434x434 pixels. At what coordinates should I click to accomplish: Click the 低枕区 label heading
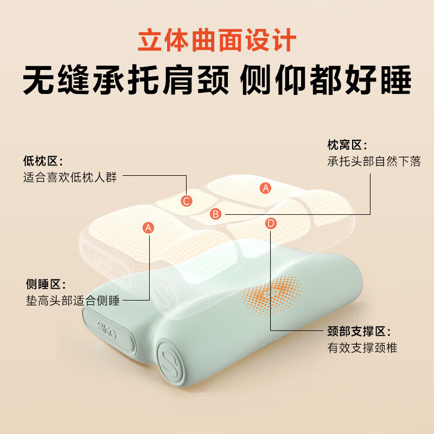tap(43, 161)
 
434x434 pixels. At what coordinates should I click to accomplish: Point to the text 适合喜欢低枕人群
tap(70, 177)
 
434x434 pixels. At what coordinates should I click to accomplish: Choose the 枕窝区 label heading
tap(347, 145)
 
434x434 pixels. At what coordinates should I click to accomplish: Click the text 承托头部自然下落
tap(374, 161)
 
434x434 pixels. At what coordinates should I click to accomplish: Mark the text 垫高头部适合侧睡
tap(73, 301)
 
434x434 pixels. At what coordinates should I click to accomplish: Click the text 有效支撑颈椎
tap(362, 348)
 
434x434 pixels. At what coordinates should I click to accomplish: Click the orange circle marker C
tap(187, 201)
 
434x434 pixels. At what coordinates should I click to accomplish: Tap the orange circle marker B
tap(216, 214)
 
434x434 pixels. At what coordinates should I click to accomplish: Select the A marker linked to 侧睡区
tap(149, 227)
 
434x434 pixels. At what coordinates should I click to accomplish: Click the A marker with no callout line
tap(265, 188)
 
